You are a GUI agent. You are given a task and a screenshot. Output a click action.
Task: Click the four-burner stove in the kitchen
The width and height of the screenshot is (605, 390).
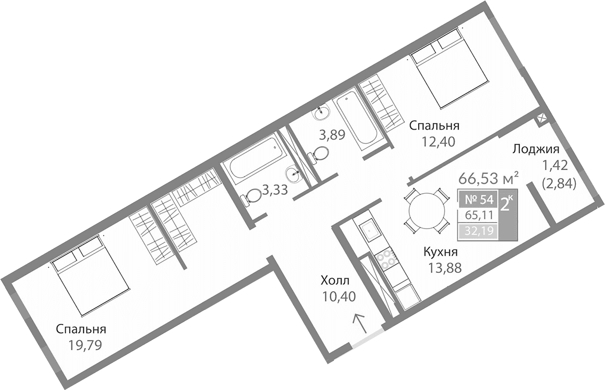[x=386, y=260]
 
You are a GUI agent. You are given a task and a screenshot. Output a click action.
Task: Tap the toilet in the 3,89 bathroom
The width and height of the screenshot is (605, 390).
[x=319, y=154]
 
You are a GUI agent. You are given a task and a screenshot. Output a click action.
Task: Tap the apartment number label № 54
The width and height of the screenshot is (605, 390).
[x=475, y=199]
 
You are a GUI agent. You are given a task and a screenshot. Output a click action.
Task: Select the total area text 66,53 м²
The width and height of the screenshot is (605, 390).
[x=488, y=179]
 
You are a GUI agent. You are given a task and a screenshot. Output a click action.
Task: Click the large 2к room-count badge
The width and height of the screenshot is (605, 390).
[x=506, y=204]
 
